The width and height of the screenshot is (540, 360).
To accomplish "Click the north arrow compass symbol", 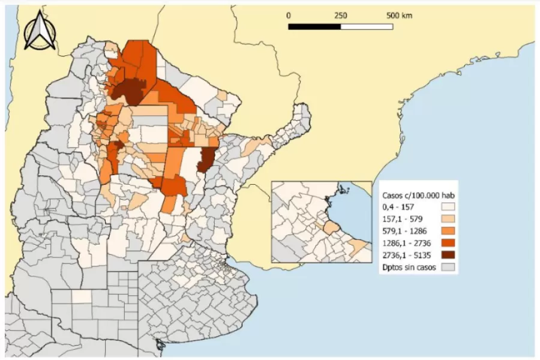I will click(x=40, y=31).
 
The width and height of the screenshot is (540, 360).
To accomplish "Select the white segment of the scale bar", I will click(x=367, y=26).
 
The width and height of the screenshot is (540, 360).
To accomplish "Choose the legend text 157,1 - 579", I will click(x=403, y=219).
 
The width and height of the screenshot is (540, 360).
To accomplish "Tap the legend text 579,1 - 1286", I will click(x=405, y=231).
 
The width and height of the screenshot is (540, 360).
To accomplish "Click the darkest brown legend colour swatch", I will click(x=447, y=255).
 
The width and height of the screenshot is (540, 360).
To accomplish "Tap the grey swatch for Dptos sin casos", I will click(x=447, y=267).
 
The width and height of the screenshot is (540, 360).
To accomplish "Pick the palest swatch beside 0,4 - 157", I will click(x=447, y=207).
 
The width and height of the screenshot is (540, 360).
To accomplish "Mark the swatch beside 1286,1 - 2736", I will click(x=447, y=243).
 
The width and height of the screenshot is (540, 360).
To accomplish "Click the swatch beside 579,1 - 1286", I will click(x=447, y=231).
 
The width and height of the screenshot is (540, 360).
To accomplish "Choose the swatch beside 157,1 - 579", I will click(x=447, y=219).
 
